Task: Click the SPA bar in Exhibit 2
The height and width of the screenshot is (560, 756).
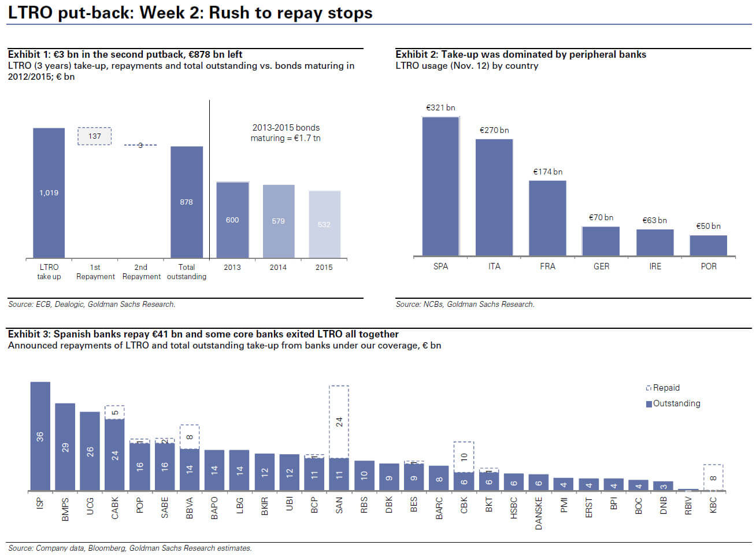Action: click(x=440, y=186)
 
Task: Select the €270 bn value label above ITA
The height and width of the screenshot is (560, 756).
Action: click(x=494, y=131)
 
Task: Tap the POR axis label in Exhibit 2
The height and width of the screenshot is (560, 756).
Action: click(x=709, y=266)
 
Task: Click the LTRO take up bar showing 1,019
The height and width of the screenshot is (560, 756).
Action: click(x=49, y=192)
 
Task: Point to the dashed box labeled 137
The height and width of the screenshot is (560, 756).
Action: click(x=95, y=136)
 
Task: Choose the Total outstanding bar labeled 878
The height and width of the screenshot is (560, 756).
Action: click(x=186, y=202)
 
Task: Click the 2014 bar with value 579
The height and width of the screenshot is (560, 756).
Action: click(x=279, y=221)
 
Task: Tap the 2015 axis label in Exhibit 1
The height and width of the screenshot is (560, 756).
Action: click(x=324, y=267)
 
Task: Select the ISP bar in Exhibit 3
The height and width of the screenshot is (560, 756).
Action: click(x=40, y=436)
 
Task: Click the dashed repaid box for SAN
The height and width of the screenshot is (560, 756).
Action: click(x=339, y=422)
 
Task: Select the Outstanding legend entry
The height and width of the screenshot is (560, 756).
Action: click(x=673, y=403)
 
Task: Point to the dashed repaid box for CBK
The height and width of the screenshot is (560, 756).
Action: click(x=464, y=457)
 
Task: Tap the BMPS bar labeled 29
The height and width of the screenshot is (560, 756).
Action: click(x=65, y=447)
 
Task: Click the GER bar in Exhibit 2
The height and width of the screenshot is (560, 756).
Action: click(x=601, y=241)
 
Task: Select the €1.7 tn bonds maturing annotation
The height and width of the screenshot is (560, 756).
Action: click(x=286, y=133)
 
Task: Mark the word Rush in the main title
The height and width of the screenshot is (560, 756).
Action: click(x=231, y=13)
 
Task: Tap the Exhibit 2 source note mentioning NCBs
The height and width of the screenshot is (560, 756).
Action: click(x=465, y=304)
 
